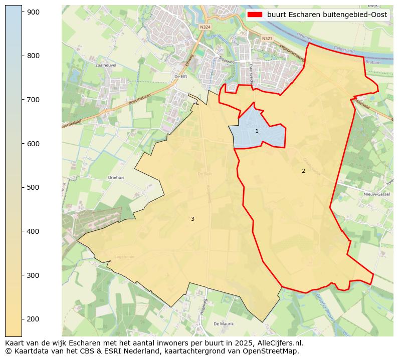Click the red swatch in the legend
coord(255,15)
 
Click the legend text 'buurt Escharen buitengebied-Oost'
coord(327,15)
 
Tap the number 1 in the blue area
coord(257,131)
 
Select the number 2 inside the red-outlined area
coord(303,171)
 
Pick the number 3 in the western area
coord(192,219)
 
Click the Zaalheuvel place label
coord(106,65)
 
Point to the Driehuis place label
coord(116,177)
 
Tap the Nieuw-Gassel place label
coord(376,194)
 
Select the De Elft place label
coord(180,76)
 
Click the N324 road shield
coord(205,27)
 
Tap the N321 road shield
coord(267,39)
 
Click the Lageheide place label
coord(124,256)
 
